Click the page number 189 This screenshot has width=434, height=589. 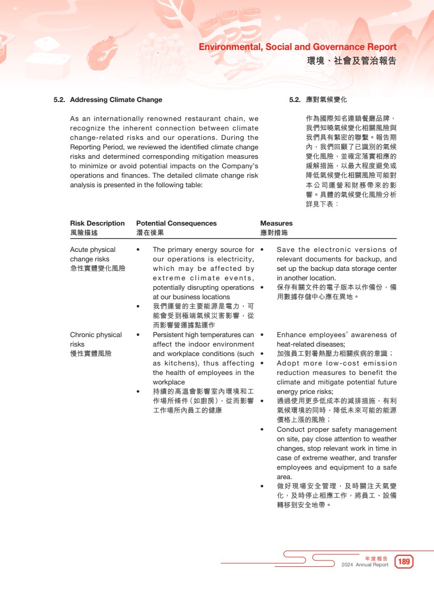click(x=404, y=562)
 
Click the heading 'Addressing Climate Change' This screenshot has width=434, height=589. click(x=116, y=100)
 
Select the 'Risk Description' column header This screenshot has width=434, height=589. click(x=97, y=224)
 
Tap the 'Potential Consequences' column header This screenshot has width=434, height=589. click(x=176, y=224)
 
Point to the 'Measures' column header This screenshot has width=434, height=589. click(x=276, y=224)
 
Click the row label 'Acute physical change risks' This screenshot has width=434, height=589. click(x=93, y=255)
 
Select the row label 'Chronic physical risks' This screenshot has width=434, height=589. click(x=95, y=339)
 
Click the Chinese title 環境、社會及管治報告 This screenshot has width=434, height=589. click(x=351, y=61)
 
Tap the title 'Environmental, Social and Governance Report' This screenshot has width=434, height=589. click(x=297, y=47)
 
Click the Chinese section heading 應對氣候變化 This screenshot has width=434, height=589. click(x=326, y=100)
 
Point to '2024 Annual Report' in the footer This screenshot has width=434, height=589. click(x=365, y=565)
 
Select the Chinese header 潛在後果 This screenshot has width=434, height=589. click(x=150, y=232)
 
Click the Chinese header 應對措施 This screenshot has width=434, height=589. click(x=274, y=232)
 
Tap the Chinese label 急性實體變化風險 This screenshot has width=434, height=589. click(x=97, y=268)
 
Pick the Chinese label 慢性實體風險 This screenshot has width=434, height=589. click(x=90, y=353)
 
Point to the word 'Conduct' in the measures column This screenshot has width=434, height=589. click(x=290, y=430)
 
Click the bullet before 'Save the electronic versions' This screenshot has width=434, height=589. click(x=262, y=250)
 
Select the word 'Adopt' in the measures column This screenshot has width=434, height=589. click(x=287, y=363)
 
